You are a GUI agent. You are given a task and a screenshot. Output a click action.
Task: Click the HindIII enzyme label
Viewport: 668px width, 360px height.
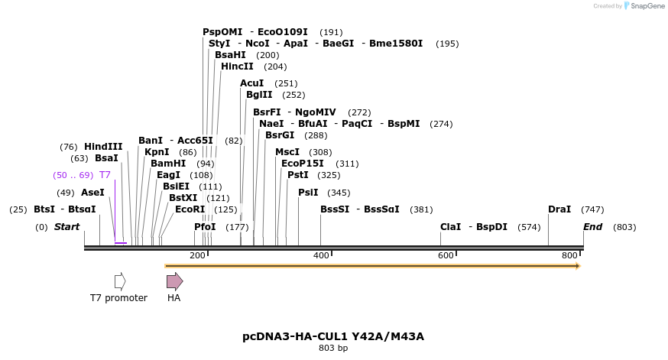pyautogui.click(x=103, y=147)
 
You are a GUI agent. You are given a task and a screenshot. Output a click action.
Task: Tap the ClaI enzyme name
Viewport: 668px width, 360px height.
pyautogui.click(x=450, y=227)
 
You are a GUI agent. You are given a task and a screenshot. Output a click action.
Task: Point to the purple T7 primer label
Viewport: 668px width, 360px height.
pyautogui.click(x=105, y=175)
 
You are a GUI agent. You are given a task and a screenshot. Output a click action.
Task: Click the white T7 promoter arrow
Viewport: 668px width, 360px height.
pyautogui.click(x=120, y=281)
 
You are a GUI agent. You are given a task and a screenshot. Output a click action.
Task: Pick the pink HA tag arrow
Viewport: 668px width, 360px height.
pyautogui.click(x=174, y=281)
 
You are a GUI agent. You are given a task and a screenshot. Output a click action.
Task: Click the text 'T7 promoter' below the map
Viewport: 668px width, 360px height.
pyautogui.click(x=118, y=298)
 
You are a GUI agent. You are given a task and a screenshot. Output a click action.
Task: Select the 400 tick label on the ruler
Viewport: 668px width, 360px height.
pyautogui.click(x=321, y=255)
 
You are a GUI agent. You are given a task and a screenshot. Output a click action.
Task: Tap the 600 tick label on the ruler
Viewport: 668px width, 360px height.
pyautogui.click(x=446, y=255)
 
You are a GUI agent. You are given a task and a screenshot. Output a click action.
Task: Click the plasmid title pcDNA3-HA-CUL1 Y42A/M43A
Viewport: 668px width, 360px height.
pyautogui.click(x=333, y=336)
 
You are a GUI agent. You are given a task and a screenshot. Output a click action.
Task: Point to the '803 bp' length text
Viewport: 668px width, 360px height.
pyautogui.click(x=333, y=349)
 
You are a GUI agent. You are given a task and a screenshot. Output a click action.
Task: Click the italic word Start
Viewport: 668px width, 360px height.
pyautogui.click(x=66, y=227)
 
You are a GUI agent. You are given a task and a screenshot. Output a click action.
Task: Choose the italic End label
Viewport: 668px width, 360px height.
pyautogui.click(x=592, y=227)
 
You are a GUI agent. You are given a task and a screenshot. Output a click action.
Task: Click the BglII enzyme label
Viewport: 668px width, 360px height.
pyautogui.click(x=259, y=95)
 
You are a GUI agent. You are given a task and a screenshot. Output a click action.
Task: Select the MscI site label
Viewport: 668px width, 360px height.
pyautogui.click(x=287, y=152)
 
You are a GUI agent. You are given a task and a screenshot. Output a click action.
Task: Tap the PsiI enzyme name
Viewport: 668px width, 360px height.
pyautogui.click(x=308, y=193)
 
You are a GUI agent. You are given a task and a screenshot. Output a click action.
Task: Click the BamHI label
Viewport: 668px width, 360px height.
pyautogui.click(x=168, y=164)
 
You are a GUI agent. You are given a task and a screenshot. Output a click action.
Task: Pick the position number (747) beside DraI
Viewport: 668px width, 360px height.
pyautogui.click(x=592, y=209)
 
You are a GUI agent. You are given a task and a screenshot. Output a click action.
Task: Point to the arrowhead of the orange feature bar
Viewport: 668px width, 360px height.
pyautogui.click(x=578, y=266)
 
